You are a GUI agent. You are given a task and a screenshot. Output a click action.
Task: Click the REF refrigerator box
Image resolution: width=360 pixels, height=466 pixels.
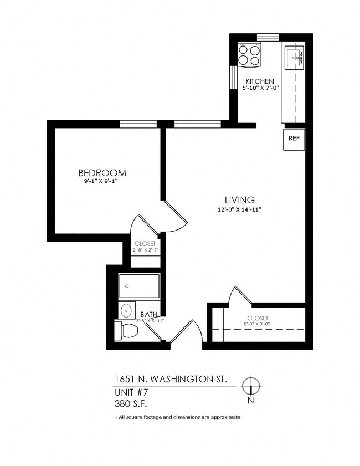point(294,139)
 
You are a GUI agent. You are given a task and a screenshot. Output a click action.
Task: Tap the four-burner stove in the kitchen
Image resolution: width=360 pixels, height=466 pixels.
point(249,55)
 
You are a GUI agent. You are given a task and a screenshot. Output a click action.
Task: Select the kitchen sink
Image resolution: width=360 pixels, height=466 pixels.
point(294,55)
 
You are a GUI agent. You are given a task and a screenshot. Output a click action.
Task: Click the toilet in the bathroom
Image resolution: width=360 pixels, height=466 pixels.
point(126,330)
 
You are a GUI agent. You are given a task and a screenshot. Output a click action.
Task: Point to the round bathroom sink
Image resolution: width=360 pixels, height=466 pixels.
point(127,310)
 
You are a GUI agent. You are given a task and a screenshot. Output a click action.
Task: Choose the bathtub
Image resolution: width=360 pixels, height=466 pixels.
point(139,286)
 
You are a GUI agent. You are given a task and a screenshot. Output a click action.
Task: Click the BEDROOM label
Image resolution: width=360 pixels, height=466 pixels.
point(102,173)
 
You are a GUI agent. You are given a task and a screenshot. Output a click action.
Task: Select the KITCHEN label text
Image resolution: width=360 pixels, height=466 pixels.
point(259,81)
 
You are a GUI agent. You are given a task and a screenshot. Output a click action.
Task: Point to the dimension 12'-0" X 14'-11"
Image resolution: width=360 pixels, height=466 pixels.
point(239,209)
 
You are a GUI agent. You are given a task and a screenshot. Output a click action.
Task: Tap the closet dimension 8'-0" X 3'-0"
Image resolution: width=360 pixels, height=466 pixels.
point(258,324)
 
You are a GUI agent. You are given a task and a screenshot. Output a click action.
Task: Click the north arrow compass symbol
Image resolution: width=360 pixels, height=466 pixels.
point(251,385)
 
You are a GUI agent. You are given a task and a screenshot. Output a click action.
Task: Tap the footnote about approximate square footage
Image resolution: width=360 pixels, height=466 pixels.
point(178,417)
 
